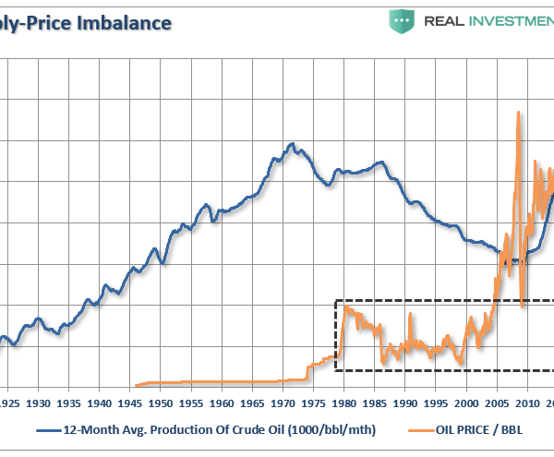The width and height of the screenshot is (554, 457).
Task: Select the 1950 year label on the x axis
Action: (161, 404)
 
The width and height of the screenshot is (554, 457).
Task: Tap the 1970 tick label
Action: (283, 404)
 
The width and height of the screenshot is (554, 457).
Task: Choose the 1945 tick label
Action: (130, 404)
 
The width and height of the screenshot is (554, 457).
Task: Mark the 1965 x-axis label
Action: (252, 404)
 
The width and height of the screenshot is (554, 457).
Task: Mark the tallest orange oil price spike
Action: (518, 113)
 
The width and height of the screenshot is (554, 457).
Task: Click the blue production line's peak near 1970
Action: (293, 144)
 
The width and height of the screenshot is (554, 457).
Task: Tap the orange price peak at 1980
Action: (346, 307)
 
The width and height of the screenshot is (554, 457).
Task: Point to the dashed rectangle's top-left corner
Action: (335, 300)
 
